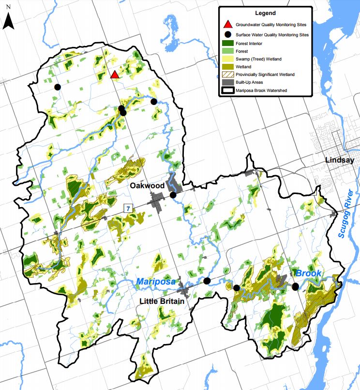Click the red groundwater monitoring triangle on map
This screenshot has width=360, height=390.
[115, 75]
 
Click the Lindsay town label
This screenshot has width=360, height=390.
[340, 160]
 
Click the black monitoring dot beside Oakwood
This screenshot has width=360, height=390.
[173, 195]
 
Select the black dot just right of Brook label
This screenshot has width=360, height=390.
[296, 286]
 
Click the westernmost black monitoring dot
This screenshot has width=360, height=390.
[58, 87]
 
